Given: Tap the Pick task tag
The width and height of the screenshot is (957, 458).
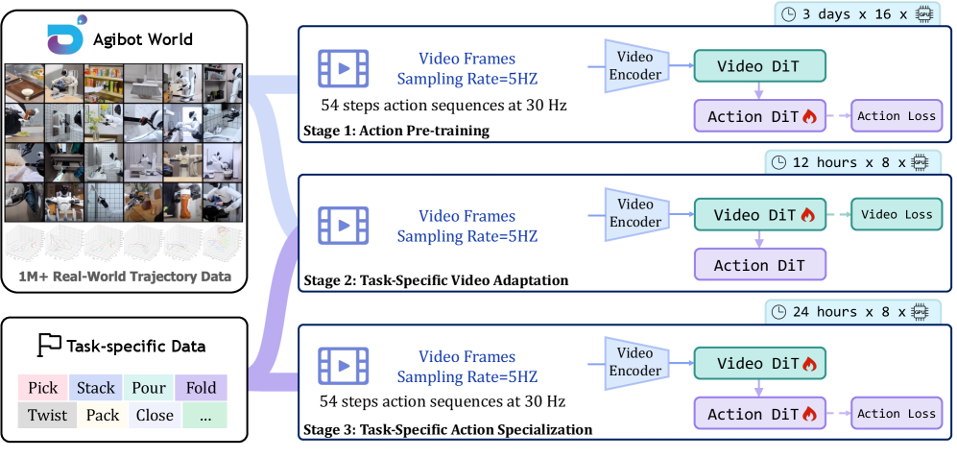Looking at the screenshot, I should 42,389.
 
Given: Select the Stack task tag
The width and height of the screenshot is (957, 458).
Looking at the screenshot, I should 96,389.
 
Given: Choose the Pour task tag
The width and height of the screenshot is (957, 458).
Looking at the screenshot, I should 149,389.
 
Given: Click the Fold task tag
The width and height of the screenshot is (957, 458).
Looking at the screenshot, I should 201,389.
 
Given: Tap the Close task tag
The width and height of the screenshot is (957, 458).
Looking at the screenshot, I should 154,415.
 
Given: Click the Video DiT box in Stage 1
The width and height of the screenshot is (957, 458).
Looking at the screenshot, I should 758,66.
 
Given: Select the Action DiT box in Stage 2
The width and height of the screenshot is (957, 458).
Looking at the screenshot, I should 758,265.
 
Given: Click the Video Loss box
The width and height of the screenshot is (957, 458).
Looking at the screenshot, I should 897,214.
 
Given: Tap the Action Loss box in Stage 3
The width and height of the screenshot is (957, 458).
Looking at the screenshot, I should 897,414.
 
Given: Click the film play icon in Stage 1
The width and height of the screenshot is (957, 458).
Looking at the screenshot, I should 344,67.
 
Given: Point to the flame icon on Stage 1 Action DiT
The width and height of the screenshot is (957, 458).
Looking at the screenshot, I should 808,117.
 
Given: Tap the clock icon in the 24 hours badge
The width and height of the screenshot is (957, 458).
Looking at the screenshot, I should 780,312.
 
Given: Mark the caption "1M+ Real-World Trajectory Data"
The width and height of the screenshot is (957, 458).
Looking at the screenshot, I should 125,277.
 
